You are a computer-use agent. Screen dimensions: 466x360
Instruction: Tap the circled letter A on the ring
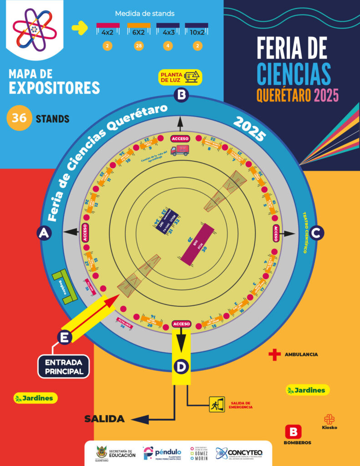click(44, 233)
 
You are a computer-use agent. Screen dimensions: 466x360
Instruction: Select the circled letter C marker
click(317, 233)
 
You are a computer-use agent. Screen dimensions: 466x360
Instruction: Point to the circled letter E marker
click(65, 337)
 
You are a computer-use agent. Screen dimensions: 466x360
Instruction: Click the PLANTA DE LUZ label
click(181, 76)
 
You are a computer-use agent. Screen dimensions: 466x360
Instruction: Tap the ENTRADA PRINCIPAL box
click(64, 367)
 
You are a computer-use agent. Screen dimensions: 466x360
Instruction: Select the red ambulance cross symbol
click(274, 355)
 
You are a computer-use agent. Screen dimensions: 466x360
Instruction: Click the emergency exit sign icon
click(217, 405)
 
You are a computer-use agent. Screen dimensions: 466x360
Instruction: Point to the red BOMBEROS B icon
click(294, 432)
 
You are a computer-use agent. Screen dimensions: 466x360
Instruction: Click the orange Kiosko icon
click(330, 419)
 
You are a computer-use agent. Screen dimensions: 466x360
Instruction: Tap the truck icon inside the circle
click(179, 151)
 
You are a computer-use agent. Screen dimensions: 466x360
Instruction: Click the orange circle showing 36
click(19, 119)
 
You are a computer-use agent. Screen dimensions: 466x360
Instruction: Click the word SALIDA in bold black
click(104, 419)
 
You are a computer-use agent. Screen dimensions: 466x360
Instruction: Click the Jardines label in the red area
click(35, 398)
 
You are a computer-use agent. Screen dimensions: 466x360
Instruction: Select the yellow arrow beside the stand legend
click(80, 28)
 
